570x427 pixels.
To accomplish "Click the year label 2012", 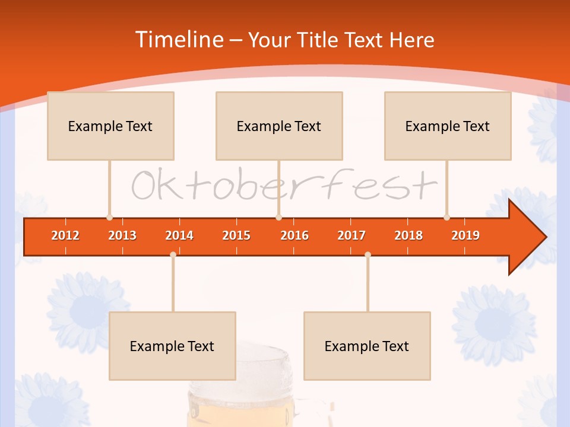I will [65, 235].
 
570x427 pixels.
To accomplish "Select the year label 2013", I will [122, 235].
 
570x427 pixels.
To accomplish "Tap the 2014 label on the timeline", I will [179, 235].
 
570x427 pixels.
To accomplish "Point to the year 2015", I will [236, 235].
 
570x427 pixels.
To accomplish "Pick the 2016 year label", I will [294, 235].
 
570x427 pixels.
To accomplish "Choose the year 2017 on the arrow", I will [351, 235].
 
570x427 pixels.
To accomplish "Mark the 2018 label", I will [408, 235].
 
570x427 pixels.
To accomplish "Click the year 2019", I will [465, 235].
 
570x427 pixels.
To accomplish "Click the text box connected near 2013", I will [110, 126].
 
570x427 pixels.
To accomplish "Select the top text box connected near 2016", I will [279, 126].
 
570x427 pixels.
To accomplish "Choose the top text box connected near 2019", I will [448, 126].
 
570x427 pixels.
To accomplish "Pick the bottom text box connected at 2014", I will [172, 346].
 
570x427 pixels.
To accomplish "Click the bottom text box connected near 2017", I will [367, 346].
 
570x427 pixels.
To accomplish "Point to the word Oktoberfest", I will [284, 185].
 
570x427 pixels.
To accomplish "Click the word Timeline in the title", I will [178, 40].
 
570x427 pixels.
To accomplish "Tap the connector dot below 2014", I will [173, 255].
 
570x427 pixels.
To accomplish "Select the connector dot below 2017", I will [368, 255].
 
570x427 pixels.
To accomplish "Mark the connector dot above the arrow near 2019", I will [446, 217].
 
